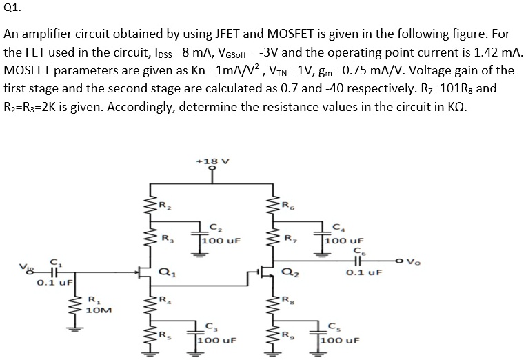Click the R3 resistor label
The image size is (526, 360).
pos(166,239)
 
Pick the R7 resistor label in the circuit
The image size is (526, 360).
pos(290,239)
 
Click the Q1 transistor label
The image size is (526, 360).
pos(166,272)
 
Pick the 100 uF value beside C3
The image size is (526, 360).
pos(217,341)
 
